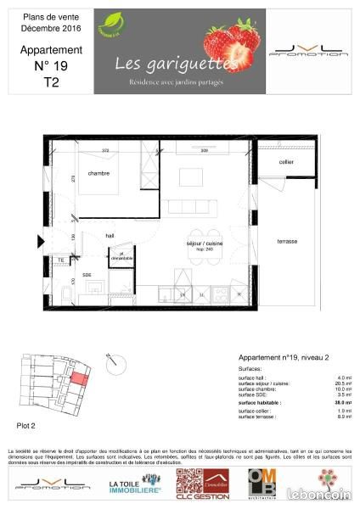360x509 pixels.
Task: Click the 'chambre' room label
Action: pos(100,173)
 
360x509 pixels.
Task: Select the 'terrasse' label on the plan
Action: pos(287,242)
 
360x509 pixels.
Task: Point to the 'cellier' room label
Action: pos(287,162)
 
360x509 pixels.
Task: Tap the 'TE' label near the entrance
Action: pos(61,260)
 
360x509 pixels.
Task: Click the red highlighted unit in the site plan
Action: pos(78,378)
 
